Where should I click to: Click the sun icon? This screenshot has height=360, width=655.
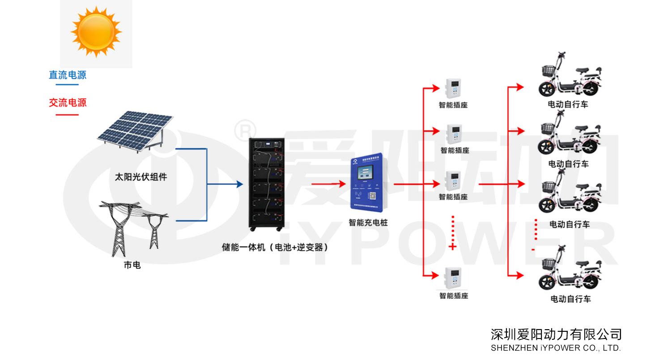pos(96,31)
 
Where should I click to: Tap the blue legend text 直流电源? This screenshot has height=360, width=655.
pos(68,75)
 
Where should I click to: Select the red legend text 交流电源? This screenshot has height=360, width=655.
pos(68,103)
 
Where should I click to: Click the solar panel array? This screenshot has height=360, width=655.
pos(135,130)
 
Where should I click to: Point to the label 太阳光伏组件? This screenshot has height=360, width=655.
pos(141,177)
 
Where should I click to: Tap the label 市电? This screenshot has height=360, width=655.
pos(132,265)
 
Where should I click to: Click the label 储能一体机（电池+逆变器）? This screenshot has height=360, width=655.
pos(275,247)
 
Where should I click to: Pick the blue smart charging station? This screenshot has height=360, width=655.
pos(368,183)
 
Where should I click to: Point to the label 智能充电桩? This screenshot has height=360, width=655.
pos(368,222)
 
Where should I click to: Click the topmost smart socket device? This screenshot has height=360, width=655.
pos(453,89)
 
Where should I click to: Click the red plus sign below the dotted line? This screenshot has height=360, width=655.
pos(452,246)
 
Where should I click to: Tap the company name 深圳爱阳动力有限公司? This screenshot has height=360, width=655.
pos(556,334)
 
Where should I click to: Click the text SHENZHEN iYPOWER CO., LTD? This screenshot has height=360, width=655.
pos(556,348)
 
